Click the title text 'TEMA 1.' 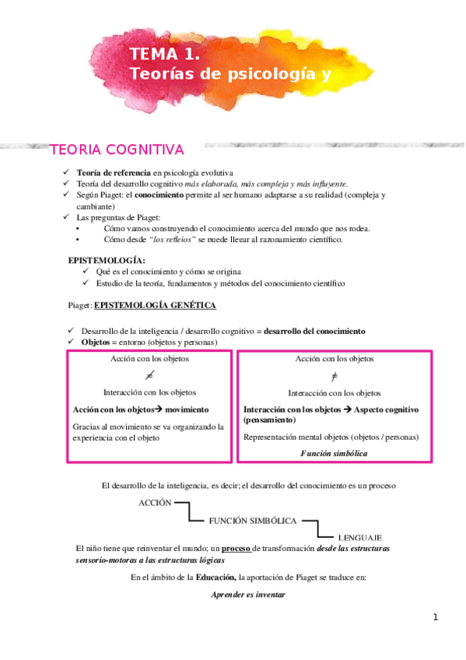(165, 54)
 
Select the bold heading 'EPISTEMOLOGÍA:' (107, 260)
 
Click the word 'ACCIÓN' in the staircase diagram (155, 503)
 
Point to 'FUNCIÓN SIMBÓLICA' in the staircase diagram (254, 521)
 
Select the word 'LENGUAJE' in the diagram (360, 538)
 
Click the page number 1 (436, 617)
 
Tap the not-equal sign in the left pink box (149, 376)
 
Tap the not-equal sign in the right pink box (335, 376)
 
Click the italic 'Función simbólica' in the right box (335, 453)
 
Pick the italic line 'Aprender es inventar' (248, 595)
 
